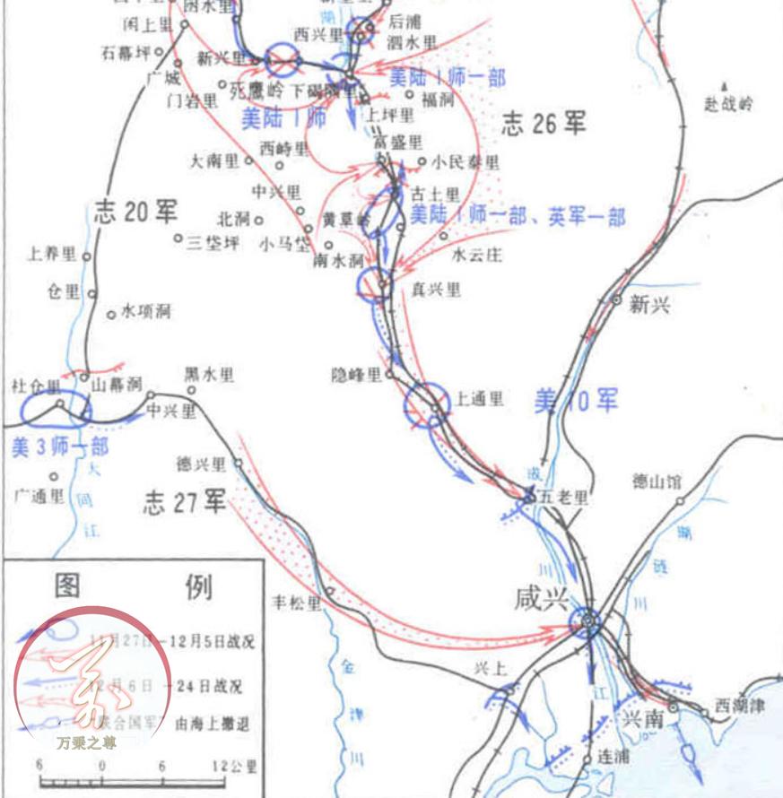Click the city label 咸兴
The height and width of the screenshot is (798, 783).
(x=542, y=599)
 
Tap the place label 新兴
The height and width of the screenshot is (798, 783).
(x=649, y=305)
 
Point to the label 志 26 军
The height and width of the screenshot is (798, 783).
(x=544, y=123)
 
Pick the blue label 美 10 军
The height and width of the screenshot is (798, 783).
(x=576, y=401)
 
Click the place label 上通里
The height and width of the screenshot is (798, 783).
(x=480, y=399)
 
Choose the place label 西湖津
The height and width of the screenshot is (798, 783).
(x=739, y=706)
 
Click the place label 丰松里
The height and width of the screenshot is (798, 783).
(x=295, y=602)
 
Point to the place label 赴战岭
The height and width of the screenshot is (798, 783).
(x=728, y=104)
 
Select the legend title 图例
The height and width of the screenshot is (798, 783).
(x=134, y=588)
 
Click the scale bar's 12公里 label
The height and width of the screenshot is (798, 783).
(x=235, y=767)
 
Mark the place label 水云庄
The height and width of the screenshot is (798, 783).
(x=477, y=255)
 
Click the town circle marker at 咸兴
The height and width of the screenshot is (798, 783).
(x=587, y=619)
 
